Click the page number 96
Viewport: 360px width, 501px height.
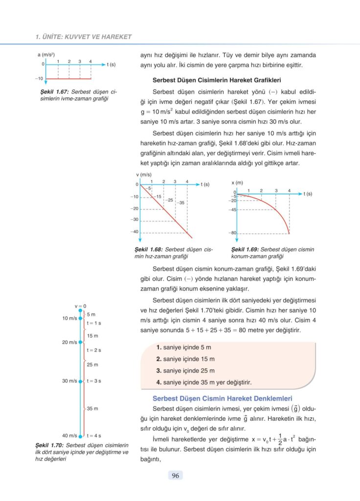tap(175, 475)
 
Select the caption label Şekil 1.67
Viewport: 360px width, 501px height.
tap(54, 91)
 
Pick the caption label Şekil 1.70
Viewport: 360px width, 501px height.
tap(49, 445)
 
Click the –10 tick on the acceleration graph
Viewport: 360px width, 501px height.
tap(39, 78)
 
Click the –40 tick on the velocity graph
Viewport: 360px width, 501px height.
tap(134, 232)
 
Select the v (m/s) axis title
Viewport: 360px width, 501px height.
tap(144, 175)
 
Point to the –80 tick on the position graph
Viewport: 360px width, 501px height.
tap(233, 233)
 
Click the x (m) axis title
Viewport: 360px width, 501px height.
tap(237, 182)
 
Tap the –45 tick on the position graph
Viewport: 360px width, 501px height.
tap(233, 210)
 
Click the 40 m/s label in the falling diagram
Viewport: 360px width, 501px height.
tap(69, 435)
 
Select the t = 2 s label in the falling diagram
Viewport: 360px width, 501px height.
tap(94, 350)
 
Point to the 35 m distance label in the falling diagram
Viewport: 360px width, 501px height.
tap(93, 408)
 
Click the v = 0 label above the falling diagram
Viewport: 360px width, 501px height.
tap(80, 306)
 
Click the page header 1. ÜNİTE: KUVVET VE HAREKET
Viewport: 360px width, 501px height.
tap(84, 37)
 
